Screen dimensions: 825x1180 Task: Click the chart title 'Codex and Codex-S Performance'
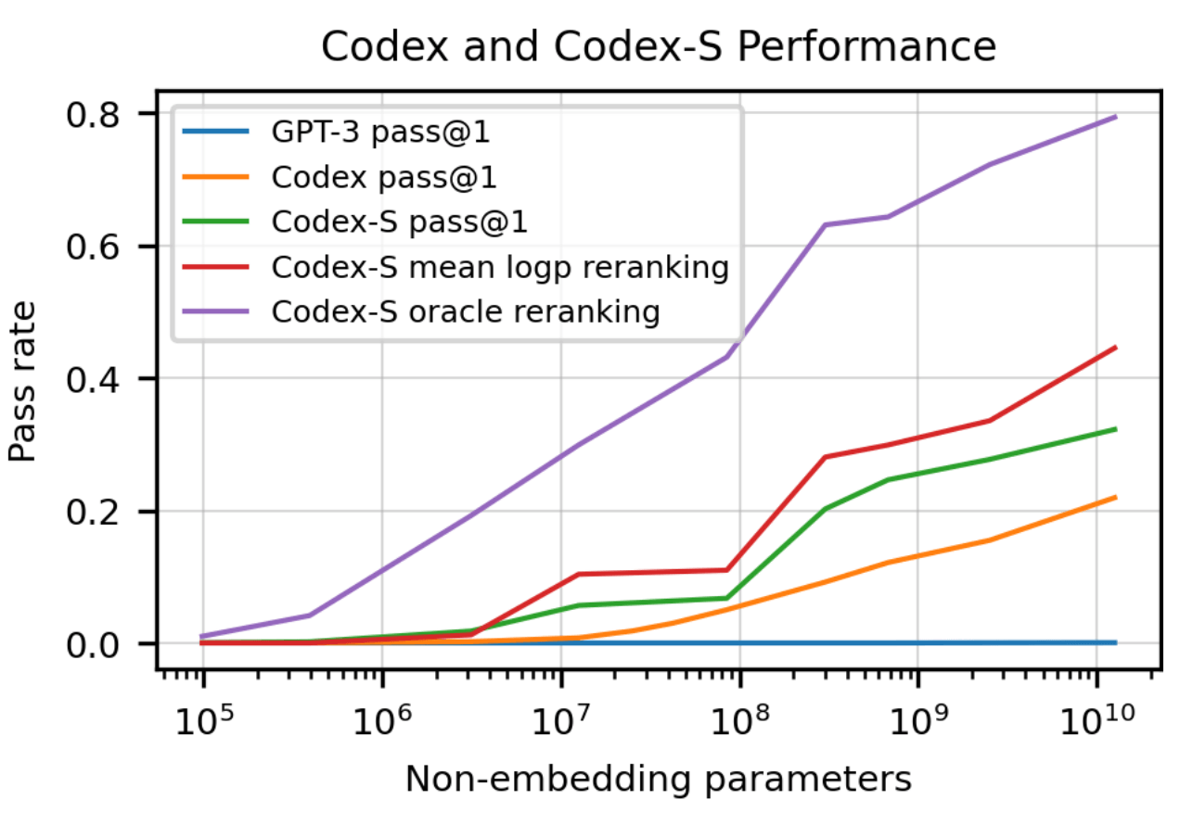pyautogui.click(x=659, y=47)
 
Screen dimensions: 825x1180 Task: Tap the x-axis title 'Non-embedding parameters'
pyautogui.click(x=659, y=780)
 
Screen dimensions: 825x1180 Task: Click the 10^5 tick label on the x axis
pyautogui.click(x=202, y=718)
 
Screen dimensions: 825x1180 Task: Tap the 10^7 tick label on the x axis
pyautogui.click(x=560, y=718)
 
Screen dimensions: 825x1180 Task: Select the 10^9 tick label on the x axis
pyautogui.click(x=917, y=718)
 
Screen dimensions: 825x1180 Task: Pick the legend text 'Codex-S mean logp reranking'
pyautogui.click(x=500, y=267)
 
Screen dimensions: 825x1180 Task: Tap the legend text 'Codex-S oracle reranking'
pyautogui.click(x=466, y=311)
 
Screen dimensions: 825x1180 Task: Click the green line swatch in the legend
pyautogui.click(x=215, y=222)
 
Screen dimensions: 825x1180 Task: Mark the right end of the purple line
pyautogui.click(x=1116, y=117)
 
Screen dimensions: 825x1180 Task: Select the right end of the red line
pyautogui.click(x=1116, y=348)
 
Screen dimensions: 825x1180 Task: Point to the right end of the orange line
pyautogui.click(x=1116, y=497)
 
